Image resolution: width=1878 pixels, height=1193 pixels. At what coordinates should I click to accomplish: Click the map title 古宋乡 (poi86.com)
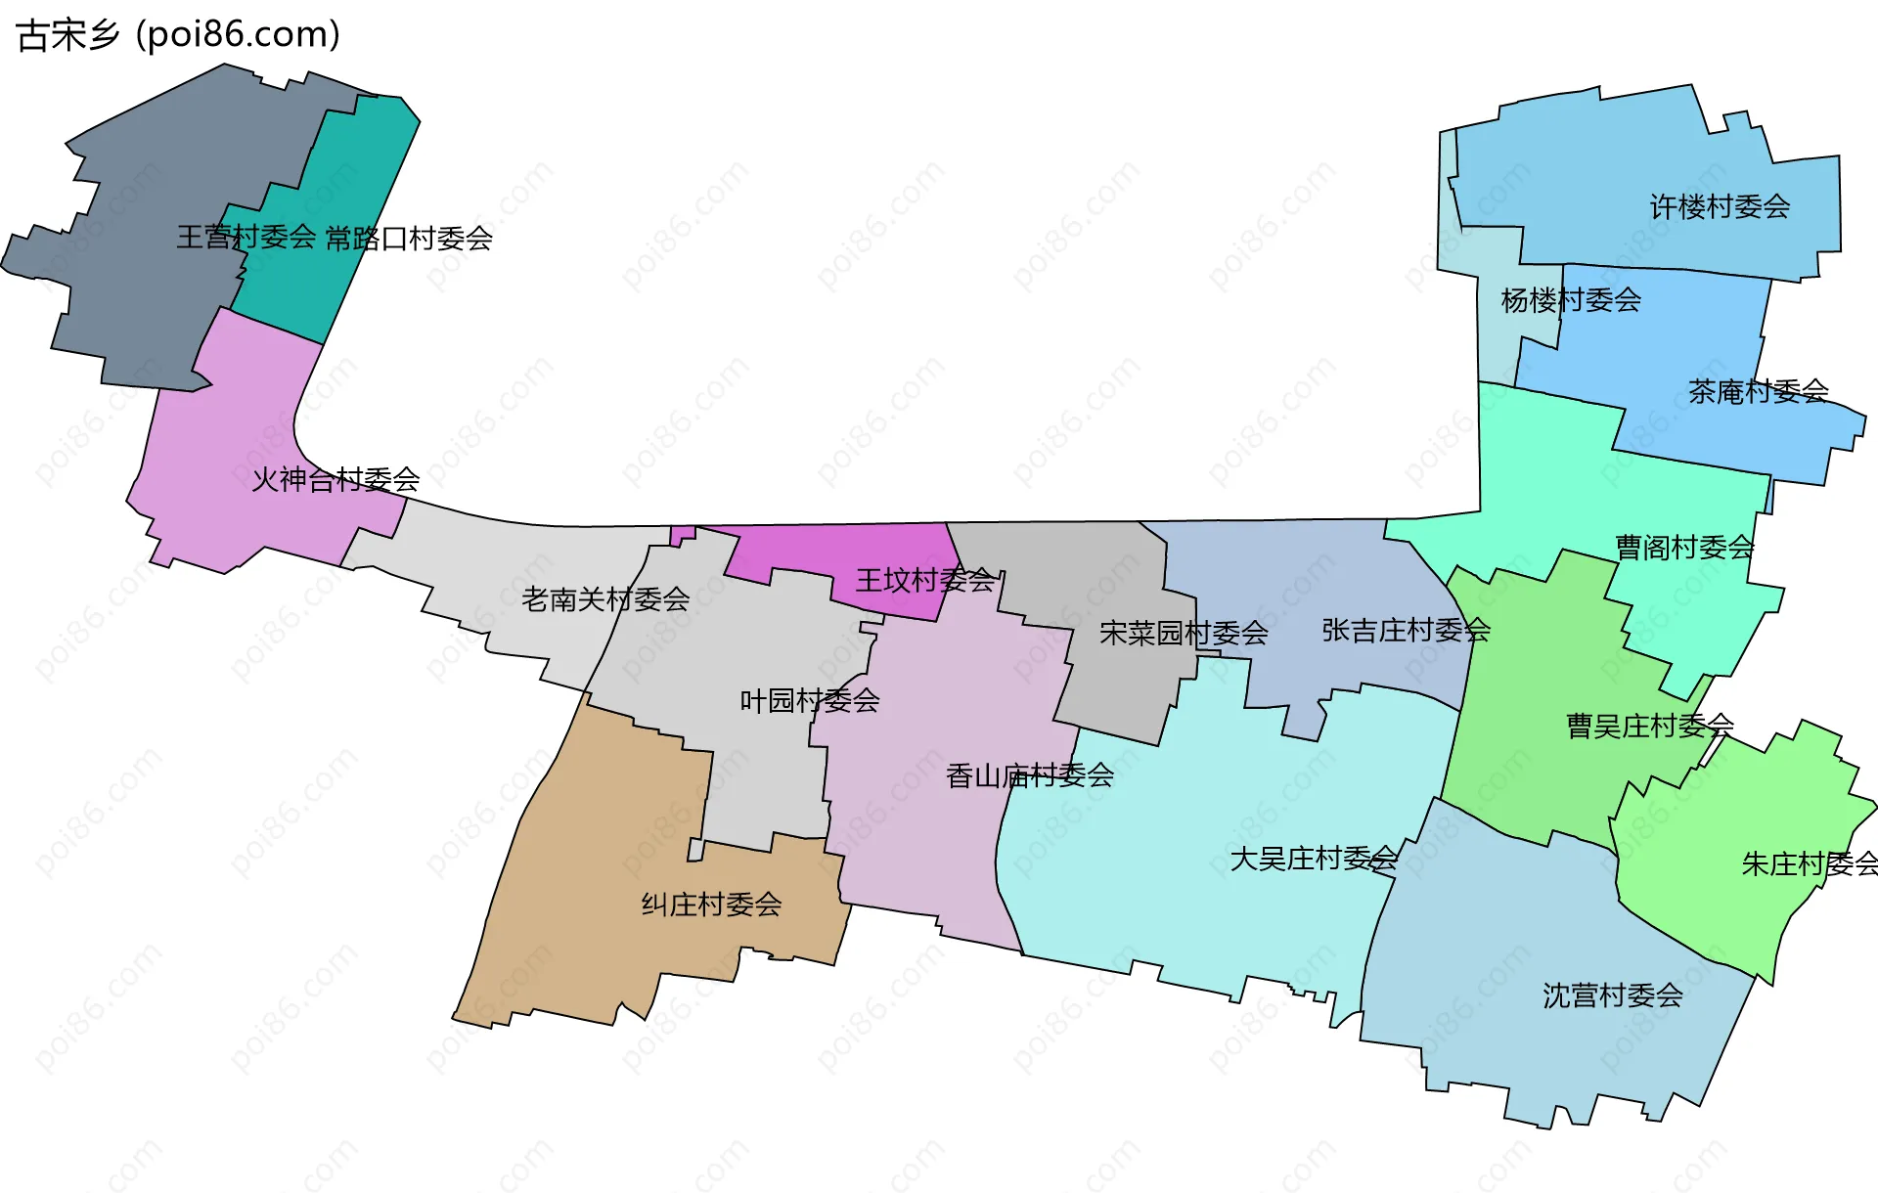[178, 35]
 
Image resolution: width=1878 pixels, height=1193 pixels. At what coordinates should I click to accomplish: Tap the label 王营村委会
[246, 237]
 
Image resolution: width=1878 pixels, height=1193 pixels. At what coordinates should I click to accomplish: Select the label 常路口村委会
[409, 239]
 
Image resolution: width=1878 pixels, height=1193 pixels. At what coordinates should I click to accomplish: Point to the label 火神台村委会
[335, 479]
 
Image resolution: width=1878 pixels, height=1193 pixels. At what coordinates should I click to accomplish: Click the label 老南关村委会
[605, 599]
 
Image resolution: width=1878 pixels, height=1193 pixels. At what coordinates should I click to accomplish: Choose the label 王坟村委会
[925, 581]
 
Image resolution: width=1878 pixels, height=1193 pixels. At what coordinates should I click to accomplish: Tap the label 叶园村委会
[810, 701]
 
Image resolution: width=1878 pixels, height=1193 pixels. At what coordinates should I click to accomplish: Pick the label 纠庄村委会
[711, 905]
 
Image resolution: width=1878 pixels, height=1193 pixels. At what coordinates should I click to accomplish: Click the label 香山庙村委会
[1030, 776]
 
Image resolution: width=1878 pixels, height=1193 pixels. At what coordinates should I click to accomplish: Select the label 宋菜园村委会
[1184, 634]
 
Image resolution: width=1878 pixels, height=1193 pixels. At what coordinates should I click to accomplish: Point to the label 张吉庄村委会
[1406, 631]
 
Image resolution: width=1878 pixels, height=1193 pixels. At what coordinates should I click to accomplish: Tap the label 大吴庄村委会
[1314, 860]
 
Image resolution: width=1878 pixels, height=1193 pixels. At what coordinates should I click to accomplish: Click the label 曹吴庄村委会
[1650, 727]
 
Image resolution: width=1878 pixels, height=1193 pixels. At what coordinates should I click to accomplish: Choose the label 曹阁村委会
[1684, 548]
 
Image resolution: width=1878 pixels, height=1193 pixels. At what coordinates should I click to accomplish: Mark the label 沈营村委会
[1613, 996]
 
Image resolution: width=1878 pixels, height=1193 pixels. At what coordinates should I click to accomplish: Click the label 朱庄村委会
[1810, 864]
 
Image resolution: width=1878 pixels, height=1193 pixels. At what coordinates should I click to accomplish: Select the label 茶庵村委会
[1758, 392]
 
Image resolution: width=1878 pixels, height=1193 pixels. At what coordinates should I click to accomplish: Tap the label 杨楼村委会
[1571, 300]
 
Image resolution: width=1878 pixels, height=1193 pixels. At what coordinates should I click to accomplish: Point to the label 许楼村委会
[1720, 207]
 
